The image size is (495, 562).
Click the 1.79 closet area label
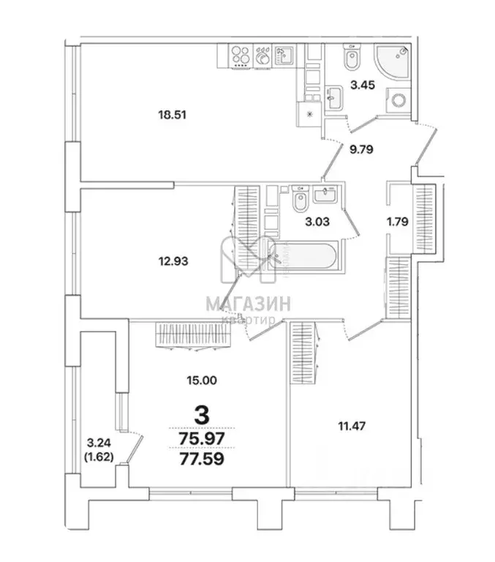[399, 218]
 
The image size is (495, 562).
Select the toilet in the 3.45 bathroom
[351, 57]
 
